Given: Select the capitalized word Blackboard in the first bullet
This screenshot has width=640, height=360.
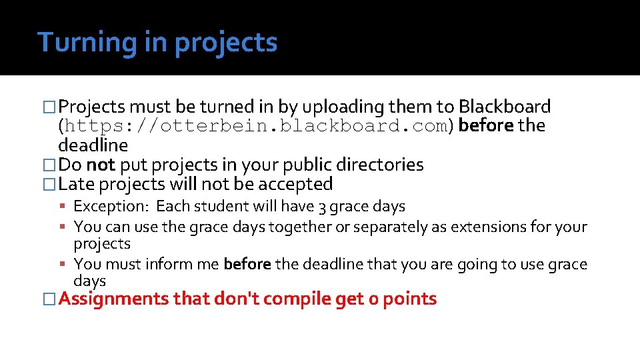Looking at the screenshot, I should pyautogui.click(x=505, y=107).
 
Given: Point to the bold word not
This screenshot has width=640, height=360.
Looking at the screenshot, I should pyautogui.click(x=101, y=165).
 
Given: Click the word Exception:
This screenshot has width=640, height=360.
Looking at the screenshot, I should pyautogui.click(x=111, y=207).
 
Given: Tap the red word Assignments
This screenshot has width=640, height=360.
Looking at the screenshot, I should pyautogui.click(x=113, y=299).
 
